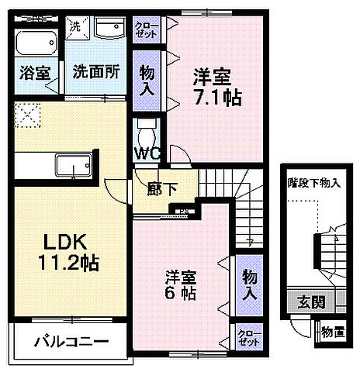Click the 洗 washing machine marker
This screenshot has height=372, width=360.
click(x=74, y=26)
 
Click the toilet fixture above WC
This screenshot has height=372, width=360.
click(x=146, y=128)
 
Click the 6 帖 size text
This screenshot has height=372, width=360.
click(x=179, y=294)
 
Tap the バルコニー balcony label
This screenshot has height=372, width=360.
click(x=71, y=341)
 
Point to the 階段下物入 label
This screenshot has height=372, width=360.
click(x=313, y=183)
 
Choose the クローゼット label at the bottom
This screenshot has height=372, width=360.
click(x=249, y=337)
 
